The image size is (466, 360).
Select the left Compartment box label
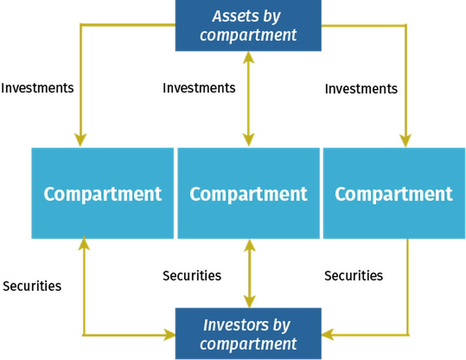[x=103, y=194]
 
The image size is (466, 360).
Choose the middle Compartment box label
[x=248, y=194]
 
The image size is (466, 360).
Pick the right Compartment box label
[x=394, y=194]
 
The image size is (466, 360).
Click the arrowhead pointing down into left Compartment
[x=80, y=139]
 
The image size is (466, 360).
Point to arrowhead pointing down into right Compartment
[x=405, y=139]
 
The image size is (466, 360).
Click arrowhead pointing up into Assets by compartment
[x=249, y=59]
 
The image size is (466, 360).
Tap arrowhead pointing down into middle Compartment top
[x=249, y=139]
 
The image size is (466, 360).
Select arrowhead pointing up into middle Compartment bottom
[x=250, y=247]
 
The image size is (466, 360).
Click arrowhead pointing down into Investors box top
[x=250, y=300]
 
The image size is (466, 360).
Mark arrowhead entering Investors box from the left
[x=168, y=335]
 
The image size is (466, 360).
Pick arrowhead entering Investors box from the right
[x=328, y=335]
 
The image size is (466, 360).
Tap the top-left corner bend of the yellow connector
[x=81, y=25]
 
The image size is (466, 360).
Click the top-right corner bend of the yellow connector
[x=405, y=25]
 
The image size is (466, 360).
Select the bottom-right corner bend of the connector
[x=408, y=335]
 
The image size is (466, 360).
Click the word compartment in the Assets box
[x=248, y=35]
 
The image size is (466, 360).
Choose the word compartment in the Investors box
[x=248, y=343]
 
